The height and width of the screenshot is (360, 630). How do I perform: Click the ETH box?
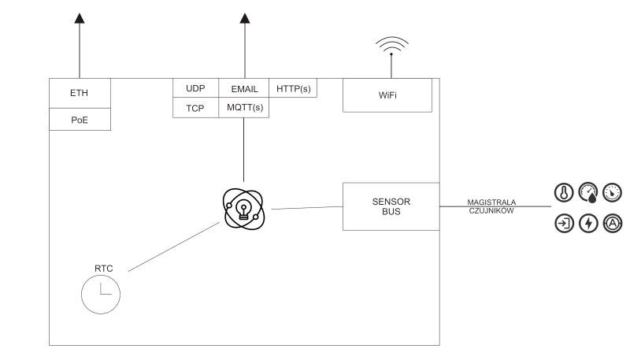coord(80,93)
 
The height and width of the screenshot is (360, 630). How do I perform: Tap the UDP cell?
coord(195,89)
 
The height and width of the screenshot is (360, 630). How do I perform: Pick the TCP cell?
coord(195,108)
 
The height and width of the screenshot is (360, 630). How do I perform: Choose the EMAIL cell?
coord(244,89)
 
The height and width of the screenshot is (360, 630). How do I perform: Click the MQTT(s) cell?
coord(244,108)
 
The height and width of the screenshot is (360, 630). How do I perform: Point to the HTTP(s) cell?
coord(293,89)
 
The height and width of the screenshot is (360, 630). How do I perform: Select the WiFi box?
coord(387,95)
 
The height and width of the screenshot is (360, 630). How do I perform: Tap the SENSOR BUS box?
coord(391,206)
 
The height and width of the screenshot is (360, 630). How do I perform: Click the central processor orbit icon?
coord(244,208)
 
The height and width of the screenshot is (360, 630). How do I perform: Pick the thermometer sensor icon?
coord(564,191)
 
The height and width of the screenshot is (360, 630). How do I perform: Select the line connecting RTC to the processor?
coord(173,247)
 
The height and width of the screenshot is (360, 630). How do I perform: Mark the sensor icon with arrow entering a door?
coord(564,223)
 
